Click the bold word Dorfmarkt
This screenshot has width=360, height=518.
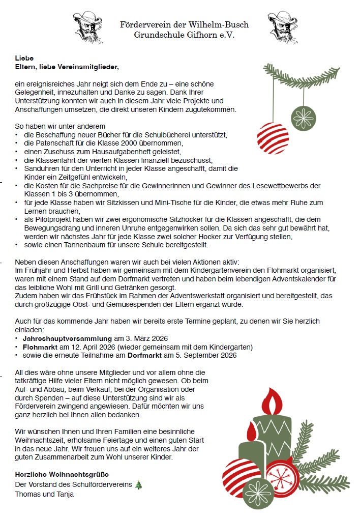(x=144, y=355)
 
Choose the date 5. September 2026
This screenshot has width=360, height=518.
(x=203, y=355)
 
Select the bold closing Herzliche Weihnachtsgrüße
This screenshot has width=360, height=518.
(x=62, y=475)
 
